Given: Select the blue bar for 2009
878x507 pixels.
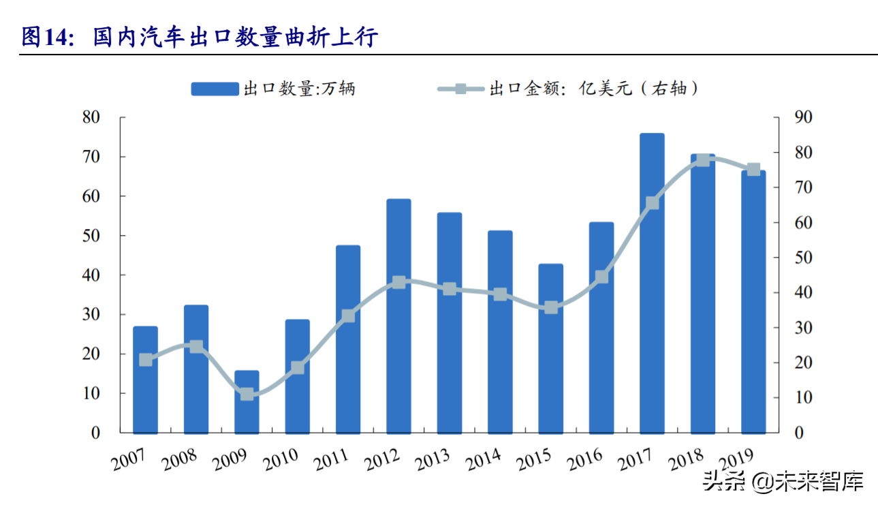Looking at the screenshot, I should tap(247, 402).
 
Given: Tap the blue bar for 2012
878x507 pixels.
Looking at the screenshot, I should tap(398, 316).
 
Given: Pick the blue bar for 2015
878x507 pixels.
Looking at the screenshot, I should tap(550, 348).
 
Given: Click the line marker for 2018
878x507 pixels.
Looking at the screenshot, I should tap(703, 159).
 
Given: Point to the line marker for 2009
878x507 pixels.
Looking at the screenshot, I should tap(247, 395).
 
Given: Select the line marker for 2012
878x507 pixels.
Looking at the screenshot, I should tap(398, 282).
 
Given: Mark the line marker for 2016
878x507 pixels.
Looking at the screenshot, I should tap(601, 277).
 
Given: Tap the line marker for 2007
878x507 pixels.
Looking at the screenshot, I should tap(145, 360).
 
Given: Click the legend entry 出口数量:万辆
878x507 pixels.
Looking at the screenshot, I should tap(272, 89).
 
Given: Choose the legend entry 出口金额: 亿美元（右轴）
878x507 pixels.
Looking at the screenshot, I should tap(569, 89).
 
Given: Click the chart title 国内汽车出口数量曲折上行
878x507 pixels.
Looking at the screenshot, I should tap(235, 37).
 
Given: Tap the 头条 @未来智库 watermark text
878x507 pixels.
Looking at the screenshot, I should tap(783, 482).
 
